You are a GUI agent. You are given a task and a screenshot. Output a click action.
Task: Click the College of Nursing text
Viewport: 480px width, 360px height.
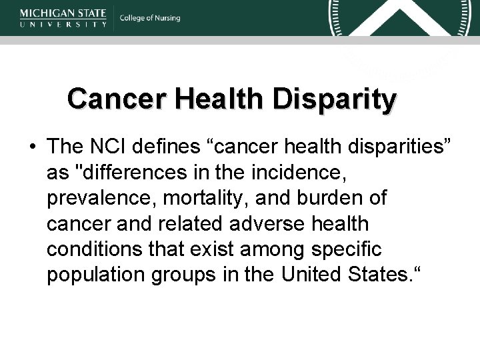[150, 18]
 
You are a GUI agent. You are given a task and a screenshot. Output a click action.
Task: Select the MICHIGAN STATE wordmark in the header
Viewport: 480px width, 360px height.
[63, 12]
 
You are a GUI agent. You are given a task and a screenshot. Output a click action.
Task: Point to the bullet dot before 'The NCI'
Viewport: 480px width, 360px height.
[32, 146]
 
